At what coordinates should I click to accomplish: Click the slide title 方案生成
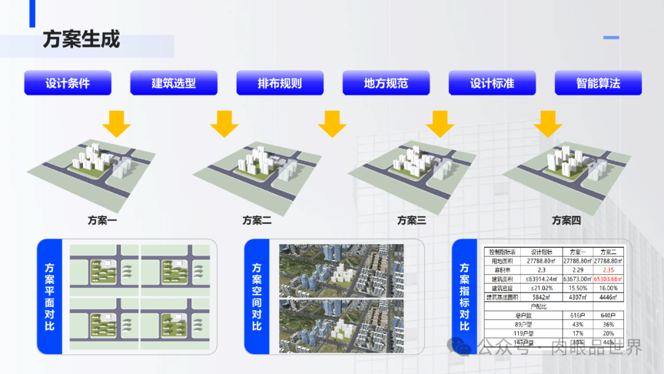[81, 39]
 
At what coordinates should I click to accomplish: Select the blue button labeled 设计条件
[68, 83]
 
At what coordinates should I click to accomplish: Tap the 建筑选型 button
[174, 83]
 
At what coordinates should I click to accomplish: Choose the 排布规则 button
[280, 83]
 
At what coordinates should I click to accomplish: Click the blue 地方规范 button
[386, 83]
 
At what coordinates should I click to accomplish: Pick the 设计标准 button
[492, 83]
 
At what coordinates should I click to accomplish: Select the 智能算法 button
[598, 83]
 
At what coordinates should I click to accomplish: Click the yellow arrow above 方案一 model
[116, 124]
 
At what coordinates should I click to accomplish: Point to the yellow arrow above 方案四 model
[548, 124]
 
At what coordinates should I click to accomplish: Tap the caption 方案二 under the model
[257, 220]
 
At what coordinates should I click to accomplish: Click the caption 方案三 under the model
[411, 220]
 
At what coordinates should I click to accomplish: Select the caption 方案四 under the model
[566, 220]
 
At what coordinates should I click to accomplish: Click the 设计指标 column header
[542, 252]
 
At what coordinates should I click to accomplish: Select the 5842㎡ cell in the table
[542, 297]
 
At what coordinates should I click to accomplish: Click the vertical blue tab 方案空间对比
[257, 296]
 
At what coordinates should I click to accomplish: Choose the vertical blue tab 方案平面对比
[50, 296]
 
